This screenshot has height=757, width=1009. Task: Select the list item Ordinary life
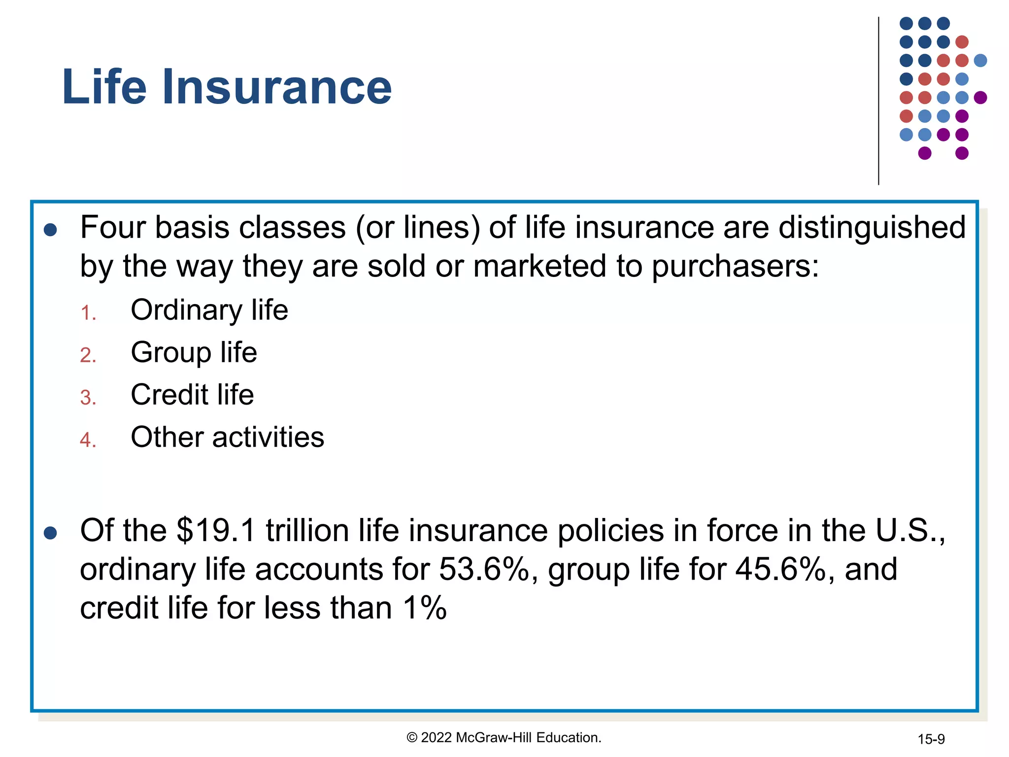(x=209, y=310)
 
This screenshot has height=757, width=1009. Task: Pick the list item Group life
(x=194, y=353)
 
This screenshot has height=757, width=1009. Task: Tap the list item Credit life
(x=192, y=395)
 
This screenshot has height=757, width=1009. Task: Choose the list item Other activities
(x=227, y=437)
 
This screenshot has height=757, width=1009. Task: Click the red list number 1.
(x=88, y=313)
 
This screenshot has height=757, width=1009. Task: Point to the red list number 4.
(x=88, y=440)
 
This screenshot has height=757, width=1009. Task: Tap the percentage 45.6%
(x=780, y=569)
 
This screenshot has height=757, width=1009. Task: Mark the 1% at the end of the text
(x=424, y=608)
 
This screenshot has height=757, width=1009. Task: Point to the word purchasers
(x=735, y=267)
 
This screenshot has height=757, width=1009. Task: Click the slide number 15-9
(x=931, y=739)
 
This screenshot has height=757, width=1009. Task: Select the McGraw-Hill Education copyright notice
(x=504, y=738)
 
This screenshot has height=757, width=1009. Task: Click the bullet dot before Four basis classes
(x=50, y=230)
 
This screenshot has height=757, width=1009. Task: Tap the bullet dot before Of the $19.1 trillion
(x=50, y=533)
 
